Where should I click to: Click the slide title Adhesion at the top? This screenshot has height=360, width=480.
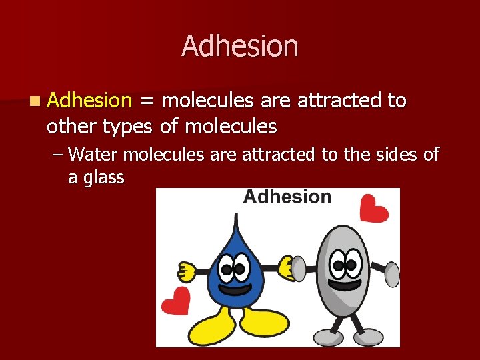(x=239, y=46)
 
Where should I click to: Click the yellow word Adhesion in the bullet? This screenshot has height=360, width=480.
(x=90, y=101)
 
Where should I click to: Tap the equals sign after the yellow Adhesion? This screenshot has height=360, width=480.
(x=146, y=101)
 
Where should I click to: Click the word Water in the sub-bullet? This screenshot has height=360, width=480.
(x=93, y=155)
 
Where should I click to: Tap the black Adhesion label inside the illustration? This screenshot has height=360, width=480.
(x=287, y=197)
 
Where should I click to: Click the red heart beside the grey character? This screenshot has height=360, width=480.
(x=373, y=209)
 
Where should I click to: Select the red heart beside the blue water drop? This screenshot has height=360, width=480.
(x=176, y=301)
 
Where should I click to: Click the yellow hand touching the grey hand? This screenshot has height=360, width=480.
(x=287, y=267)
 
